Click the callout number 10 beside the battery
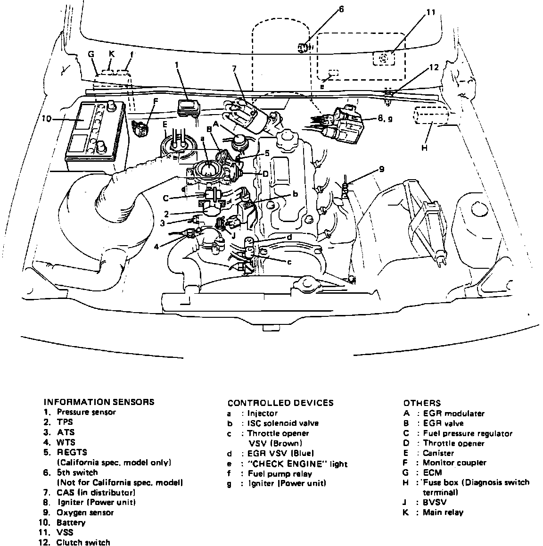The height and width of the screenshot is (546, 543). point(46,118)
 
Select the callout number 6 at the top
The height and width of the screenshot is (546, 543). point(341,9)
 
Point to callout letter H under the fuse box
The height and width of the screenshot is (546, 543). point(424,148)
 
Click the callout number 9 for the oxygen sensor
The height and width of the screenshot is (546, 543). point(381,169)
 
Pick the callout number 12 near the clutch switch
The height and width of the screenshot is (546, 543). point(434,67)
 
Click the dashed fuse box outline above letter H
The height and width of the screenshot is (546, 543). point(430,117)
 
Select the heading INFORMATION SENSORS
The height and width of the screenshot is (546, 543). point(99,402)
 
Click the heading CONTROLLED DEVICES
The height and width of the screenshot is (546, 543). point(280,403)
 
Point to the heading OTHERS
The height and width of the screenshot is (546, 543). point(422,403)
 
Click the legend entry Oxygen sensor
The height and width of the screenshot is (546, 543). point(85,513)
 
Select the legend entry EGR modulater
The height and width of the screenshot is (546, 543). point(454,414)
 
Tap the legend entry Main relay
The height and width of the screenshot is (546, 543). point(443,513)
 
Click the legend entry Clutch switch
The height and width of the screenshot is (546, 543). point(83,542)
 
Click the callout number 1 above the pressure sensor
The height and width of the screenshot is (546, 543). point(177,65)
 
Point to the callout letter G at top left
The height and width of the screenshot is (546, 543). point(91,54)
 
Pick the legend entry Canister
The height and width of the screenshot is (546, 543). point(438,453)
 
